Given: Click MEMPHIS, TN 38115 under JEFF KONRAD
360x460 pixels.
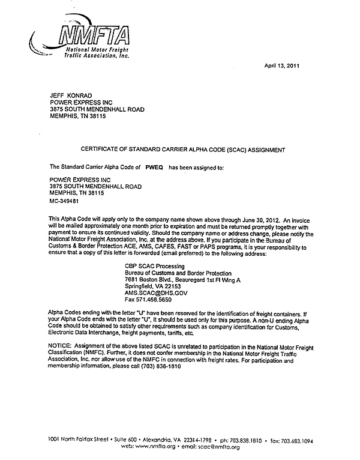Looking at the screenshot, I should coord(77,116).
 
